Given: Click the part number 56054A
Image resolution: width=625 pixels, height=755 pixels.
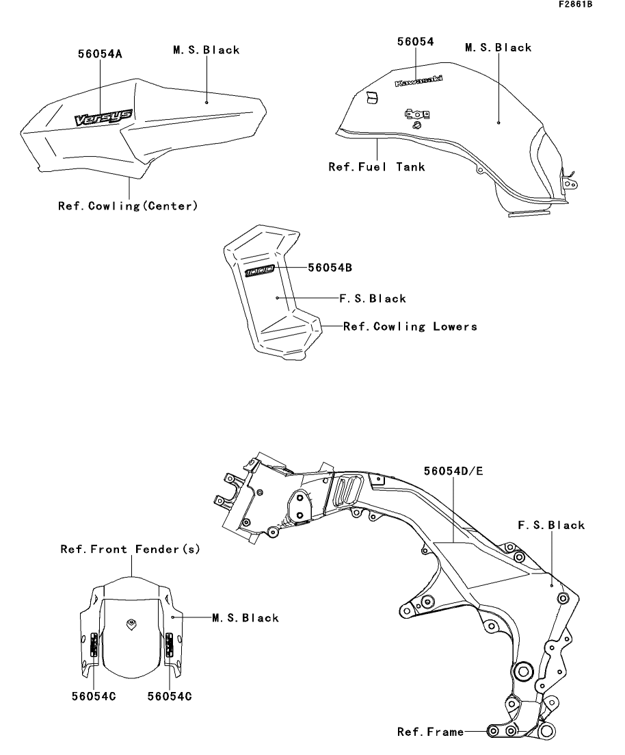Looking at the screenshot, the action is tap(100, 54).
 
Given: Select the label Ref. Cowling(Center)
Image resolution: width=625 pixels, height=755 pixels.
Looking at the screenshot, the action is tap(128, 206).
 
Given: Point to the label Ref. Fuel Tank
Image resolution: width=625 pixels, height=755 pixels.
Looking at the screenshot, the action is tap(377, 167).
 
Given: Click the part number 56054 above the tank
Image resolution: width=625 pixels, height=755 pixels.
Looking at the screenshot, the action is tap(415, 42).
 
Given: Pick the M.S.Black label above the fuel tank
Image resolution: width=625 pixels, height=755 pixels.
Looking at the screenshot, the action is tap(498, 48).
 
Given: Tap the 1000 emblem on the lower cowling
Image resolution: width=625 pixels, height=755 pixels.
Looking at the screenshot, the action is tap(260, 271).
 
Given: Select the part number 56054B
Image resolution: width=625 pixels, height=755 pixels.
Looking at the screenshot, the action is tap(330, 268).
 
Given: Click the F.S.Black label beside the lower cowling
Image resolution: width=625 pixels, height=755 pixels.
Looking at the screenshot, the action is tap(373, 298).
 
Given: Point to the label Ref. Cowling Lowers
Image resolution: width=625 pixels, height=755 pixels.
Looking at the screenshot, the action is tap(410, 327).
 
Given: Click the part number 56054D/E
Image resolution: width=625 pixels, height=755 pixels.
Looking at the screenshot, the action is tap(453, 471).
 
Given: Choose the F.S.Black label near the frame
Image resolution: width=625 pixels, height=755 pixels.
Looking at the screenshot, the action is tap(551, 525).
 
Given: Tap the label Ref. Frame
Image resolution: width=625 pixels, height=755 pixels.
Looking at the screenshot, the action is tap(431, 732).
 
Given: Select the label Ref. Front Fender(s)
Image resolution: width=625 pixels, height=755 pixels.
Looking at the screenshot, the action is tap(131, 550).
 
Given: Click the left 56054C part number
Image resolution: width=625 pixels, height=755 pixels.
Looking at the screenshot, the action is tap(94, 696).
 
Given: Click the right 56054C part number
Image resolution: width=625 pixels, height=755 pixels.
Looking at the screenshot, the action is tap(170, 696).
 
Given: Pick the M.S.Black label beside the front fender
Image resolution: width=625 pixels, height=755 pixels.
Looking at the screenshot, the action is tap(245, 618).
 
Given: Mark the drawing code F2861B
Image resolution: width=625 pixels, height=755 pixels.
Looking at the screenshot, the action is tap(576, 4).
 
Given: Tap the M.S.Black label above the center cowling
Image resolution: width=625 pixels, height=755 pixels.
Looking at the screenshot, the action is tap(207, 50).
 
